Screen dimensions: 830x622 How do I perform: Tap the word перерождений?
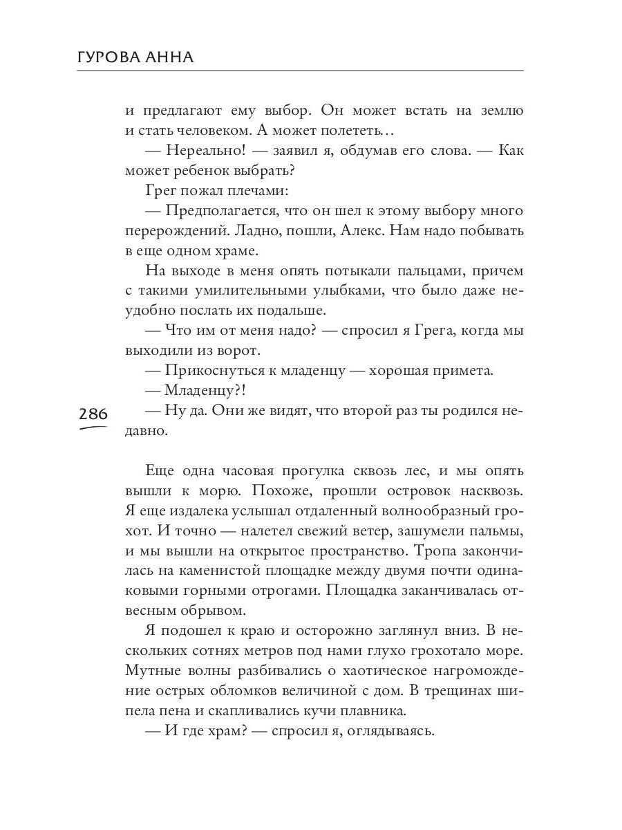(170, 230)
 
